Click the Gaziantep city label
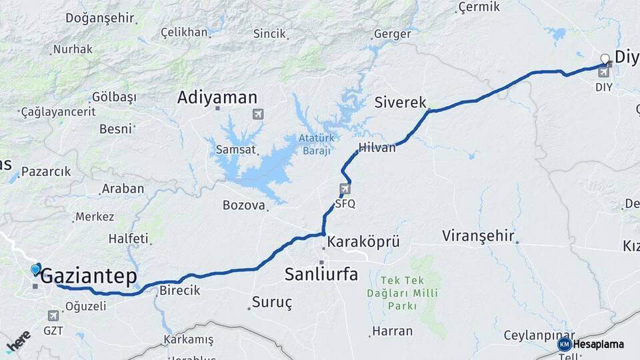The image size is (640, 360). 89,276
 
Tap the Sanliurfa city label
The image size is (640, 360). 321,273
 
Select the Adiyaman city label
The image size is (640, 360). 217,97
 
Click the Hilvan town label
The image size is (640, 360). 377,147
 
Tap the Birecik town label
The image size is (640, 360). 179,291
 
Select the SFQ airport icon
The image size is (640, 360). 345,189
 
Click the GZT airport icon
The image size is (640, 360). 53,315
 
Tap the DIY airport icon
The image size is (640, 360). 604,72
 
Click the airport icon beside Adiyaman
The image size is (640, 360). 258,114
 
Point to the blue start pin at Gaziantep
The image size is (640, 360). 35,269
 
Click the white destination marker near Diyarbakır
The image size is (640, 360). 605,59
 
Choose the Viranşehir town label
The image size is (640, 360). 479,235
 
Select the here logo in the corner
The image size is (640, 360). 18,341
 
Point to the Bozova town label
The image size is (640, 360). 244,205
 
